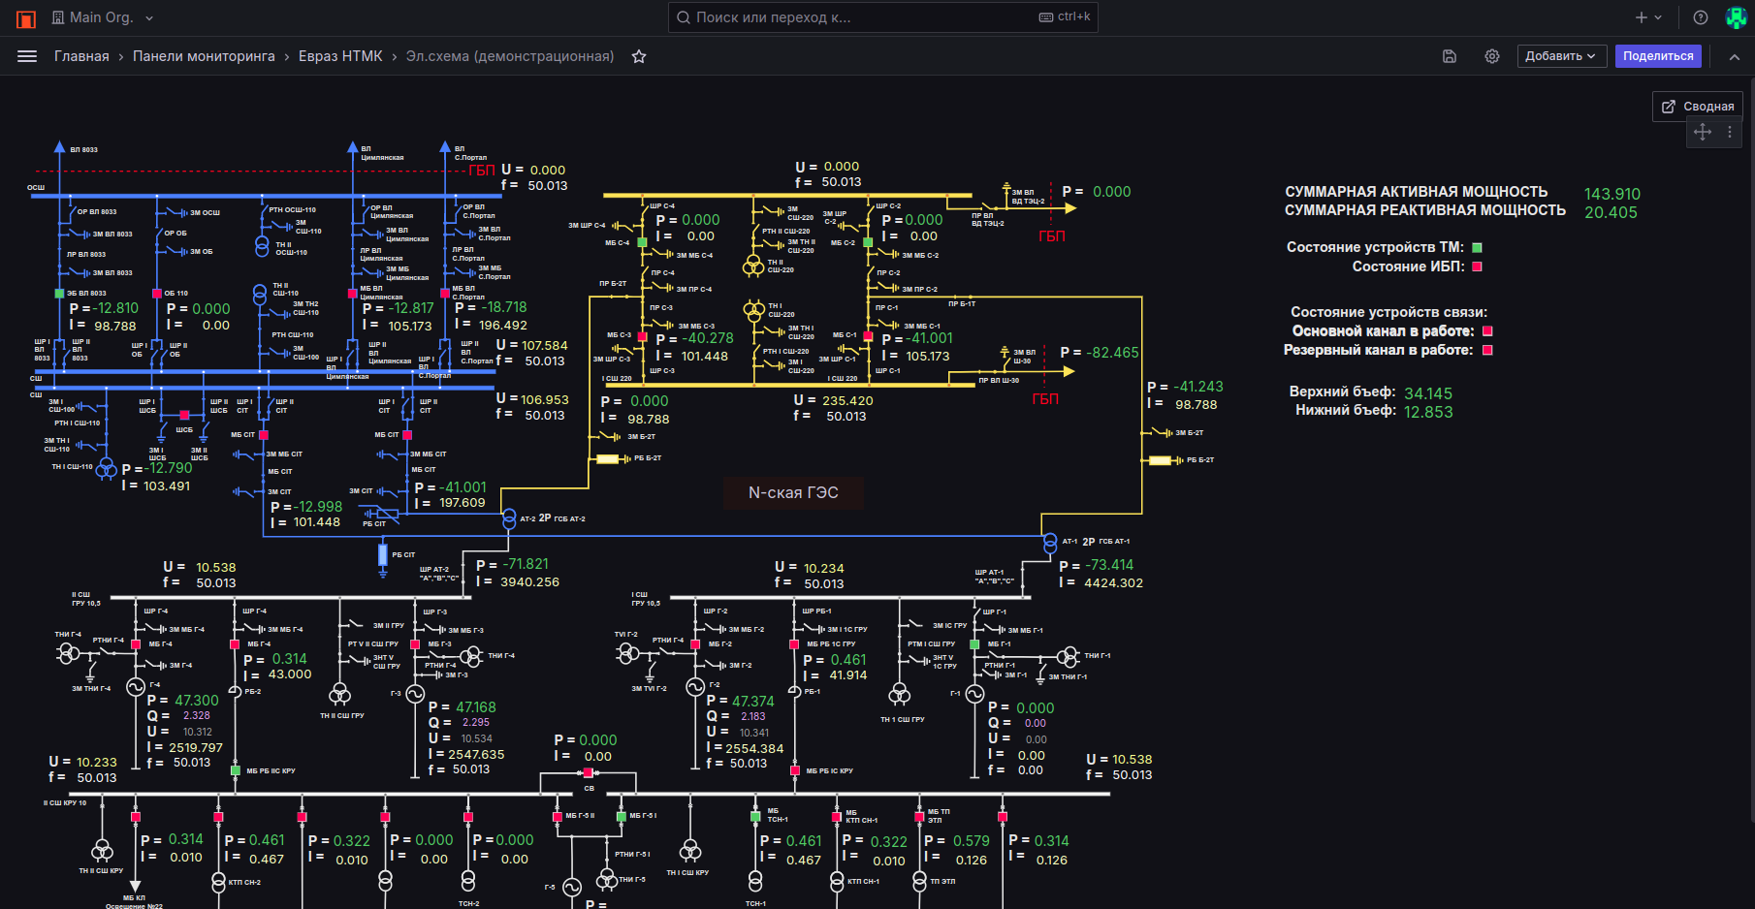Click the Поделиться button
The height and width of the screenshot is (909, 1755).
pyautogui.click(x=1658, y=56)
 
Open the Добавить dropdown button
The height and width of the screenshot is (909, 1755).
pyautogui.click(x=1561, y=56)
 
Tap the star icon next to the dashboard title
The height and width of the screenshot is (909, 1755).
pyautogui.click(x=639, y=56)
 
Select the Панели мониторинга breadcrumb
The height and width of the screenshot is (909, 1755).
pyautogui.click(x=204, y=56)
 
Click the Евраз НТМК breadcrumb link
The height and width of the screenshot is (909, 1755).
pyautogui.click(x=340, y=56)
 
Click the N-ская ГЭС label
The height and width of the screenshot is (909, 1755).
pyautogui.click(x=793, y=492)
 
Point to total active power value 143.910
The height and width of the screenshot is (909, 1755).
pyautogui.click(x=1611, y=194)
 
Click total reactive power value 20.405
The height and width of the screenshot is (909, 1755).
pyautogui.click(x=1611, y=212)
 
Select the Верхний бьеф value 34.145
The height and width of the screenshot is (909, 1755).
pyautogui.click(x=1428, y=393)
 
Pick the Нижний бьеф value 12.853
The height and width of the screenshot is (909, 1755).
pyautogui.click(x=1428, y=412)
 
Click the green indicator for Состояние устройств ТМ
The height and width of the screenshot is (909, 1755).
pyautogui.click(x=1478, y=248)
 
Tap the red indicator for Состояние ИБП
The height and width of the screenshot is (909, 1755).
pyautogui.click(x=1478, y=266)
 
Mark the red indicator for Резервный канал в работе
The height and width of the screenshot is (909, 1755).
pyautogui.click(x=1487, y=350)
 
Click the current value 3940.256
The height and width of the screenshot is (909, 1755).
pyautogui.click(x=529, y=582)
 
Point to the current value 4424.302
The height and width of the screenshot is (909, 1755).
pyautogui.click(x=1113, y=583)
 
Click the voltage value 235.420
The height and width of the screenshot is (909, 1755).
pyautogui.click(x=847, y=400)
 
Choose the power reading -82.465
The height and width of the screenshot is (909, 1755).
pyautogui.click(x=1112, y=353)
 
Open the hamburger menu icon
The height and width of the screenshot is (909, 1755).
pyautogui.click(x=27, y=56)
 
